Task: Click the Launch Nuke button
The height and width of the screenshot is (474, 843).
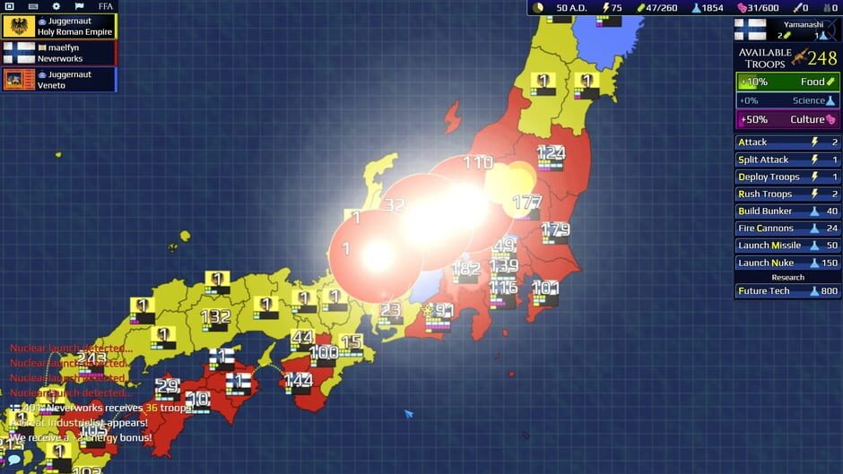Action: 787,263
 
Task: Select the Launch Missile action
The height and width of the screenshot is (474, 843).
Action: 787,246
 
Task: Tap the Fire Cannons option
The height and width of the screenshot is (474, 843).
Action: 787,228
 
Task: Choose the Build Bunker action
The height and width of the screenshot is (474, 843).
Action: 787,211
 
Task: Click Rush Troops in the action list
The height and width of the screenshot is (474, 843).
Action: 787,194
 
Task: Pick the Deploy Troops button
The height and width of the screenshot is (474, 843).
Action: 787,177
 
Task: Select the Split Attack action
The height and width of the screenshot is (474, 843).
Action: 787,159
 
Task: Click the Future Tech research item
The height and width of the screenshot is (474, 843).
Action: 787,291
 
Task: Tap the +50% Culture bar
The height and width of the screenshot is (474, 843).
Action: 787,119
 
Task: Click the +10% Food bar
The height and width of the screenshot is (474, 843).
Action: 787,82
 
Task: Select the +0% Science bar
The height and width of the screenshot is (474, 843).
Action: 787,100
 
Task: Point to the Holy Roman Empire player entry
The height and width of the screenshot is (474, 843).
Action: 59,26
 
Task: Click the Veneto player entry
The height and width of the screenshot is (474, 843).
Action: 59,80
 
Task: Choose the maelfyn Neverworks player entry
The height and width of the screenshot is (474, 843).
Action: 59,53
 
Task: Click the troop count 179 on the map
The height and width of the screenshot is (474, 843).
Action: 555,228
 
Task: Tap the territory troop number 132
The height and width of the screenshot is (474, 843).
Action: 215,316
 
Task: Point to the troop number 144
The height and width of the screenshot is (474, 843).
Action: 298,379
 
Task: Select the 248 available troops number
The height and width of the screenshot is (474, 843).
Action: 821,58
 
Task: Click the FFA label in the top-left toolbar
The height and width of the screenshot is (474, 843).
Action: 105,6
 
